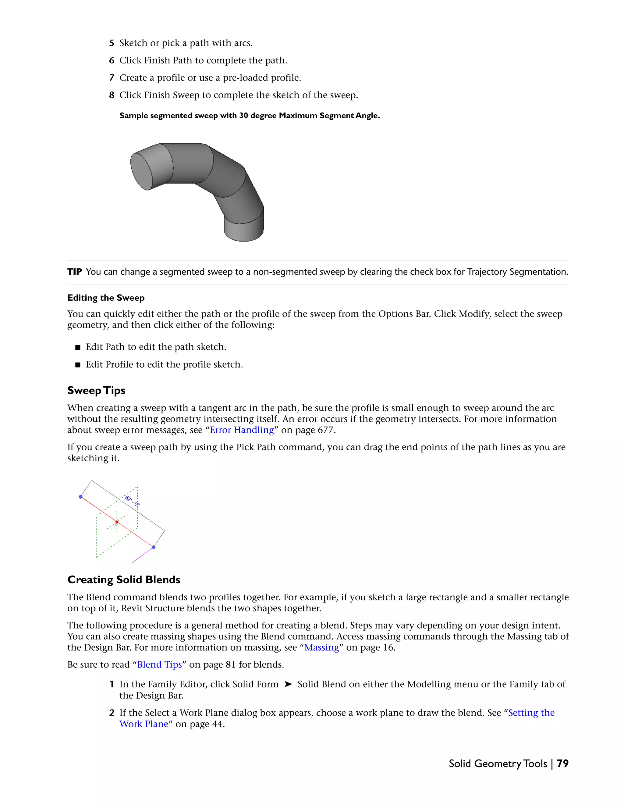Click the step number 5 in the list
pos(112,43)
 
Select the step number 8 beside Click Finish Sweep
pos(112,95)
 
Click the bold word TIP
pos(74,272)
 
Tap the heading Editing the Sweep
pos(106,298)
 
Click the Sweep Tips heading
pos(96,390)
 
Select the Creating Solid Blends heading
pos(123,580)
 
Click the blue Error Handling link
pos(242,430)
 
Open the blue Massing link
pos(321,647)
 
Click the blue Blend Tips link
pos(159,664)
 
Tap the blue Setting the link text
pos(531,713)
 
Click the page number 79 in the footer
pos(562,763)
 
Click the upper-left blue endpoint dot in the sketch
pos(80,497)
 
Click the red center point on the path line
pos(117,522)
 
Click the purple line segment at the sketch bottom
pos(142,555)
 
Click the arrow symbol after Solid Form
pos(288,685)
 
